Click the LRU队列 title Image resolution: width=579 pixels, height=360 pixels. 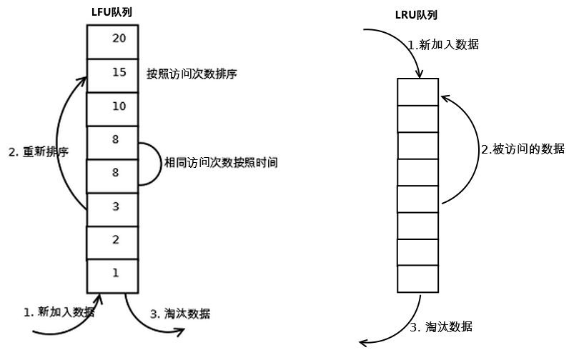(417, 15)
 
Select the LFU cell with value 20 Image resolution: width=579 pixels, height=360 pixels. (112, 40)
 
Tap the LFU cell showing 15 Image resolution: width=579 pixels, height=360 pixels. (112, 74)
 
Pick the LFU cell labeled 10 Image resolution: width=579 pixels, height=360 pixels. (112, 107)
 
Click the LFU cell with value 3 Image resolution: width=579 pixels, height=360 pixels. (112, 208)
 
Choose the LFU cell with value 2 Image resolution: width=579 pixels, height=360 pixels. (112, 241)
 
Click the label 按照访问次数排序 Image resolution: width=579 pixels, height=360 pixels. (191, 74)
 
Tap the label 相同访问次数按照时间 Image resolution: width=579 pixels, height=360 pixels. (221, 164)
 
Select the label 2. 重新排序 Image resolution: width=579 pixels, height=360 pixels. (39, 152)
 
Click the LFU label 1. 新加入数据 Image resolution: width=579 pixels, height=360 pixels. (59, 312)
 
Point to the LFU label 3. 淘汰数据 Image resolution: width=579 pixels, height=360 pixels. (180, 314)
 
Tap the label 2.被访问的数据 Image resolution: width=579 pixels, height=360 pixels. (523, 149)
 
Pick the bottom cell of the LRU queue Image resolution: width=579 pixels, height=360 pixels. (417, 279)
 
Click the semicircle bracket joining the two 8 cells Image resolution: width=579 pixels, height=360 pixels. (152, 164)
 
